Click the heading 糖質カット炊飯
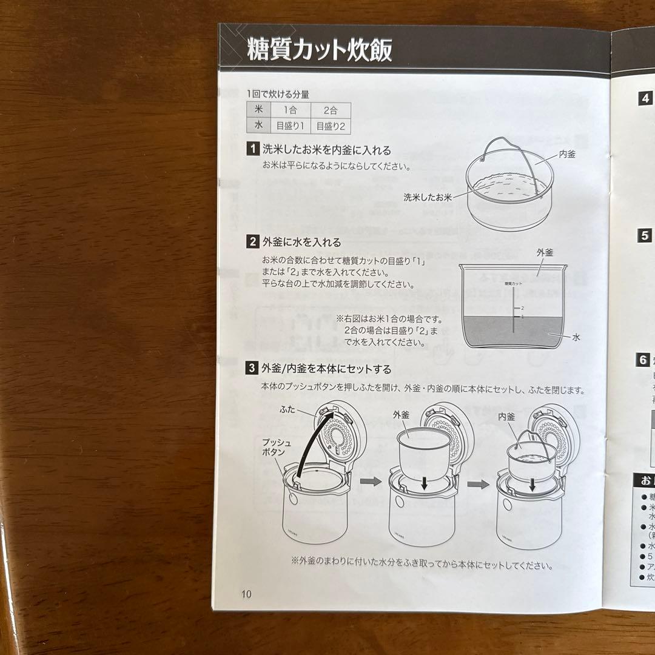(x=319, y=50)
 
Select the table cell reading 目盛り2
(x=330, y=127)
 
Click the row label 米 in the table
(x=258, y=110)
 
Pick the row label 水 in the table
(x=258, y=126)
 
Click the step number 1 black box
(x=252, y=149)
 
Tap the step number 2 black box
(x=252, y=242)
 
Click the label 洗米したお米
(x=428, y=197)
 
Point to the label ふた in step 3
(x=288, y=409)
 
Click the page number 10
(x=245, y=594)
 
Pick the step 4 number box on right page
(x=646, y=98)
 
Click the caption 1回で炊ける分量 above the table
(x=278, y=95)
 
